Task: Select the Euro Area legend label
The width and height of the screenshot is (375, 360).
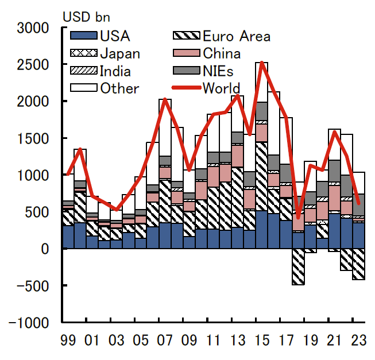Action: pos(236,36)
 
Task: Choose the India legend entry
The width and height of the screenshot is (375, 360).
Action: pos(115,71)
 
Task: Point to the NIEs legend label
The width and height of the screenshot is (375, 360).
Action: pos(219,71)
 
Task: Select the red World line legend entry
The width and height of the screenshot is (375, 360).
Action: pos(221,88)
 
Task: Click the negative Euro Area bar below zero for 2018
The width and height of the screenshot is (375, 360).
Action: pos(298,266)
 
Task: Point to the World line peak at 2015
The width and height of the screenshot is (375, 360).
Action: pos(262,63)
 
